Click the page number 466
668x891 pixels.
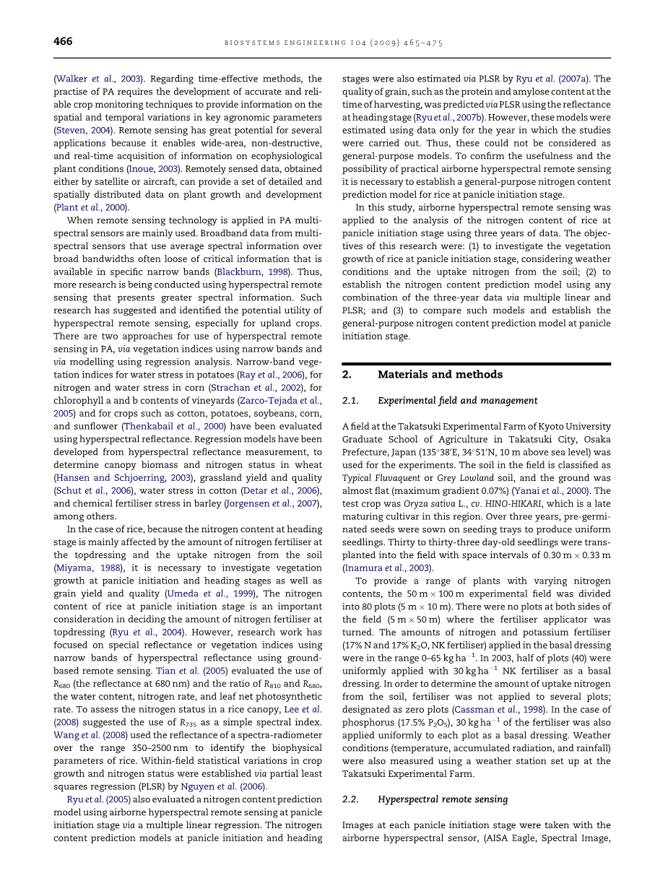pos(63,42)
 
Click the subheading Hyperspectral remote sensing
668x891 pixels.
pos(443,799)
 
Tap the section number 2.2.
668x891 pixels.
pos(351,799)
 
